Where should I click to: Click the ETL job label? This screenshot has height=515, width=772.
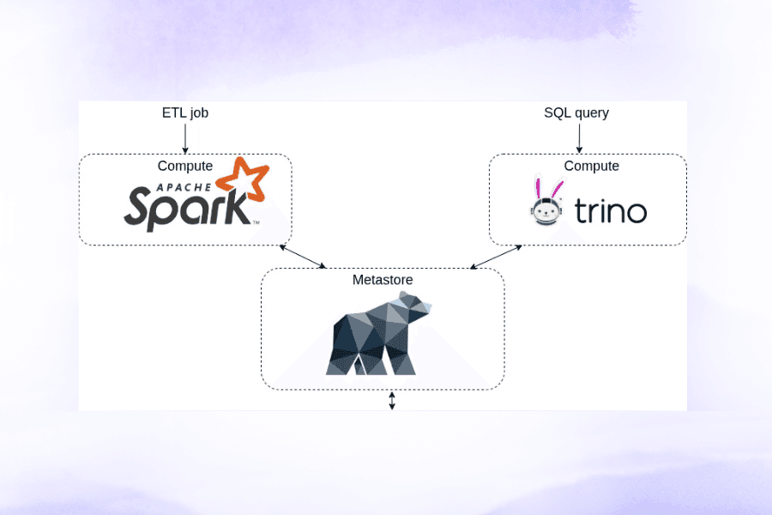click(x=185, y=112)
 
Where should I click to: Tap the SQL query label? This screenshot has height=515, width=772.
click(x=576, y=112)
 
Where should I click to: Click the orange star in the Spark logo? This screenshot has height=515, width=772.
click(x=244, y=177)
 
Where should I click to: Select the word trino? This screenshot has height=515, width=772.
click(x=611, y=211)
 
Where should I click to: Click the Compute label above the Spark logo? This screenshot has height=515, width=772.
click(x=185, y=166)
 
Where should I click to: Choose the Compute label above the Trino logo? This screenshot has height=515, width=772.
click(x=592, y=166)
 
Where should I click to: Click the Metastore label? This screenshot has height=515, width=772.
click(x=382, y=280)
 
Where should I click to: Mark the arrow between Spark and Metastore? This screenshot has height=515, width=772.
click(x=304, y=257)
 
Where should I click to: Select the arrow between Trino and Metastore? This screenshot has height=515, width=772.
click(x=496, y=256)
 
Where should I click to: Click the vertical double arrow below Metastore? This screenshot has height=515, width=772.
click(x=392, y=401)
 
